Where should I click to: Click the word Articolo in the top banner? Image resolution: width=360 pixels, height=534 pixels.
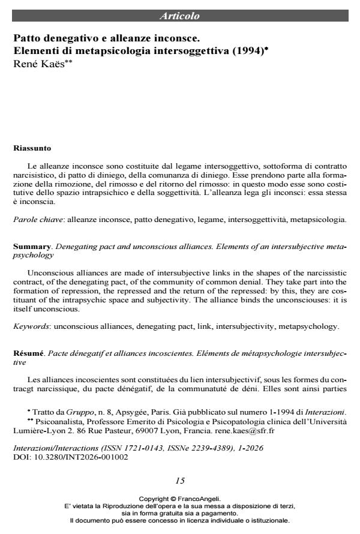click(x=180, y=16)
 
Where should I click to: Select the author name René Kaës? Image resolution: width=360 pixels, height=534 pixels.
click(x=37, y=63)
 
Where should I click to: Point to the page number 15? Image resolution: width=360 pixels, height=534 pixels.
click(x=180, y=480)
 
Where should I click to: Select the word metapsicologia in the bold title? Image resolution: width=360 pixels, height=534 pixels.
click(x=111, y=51)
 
